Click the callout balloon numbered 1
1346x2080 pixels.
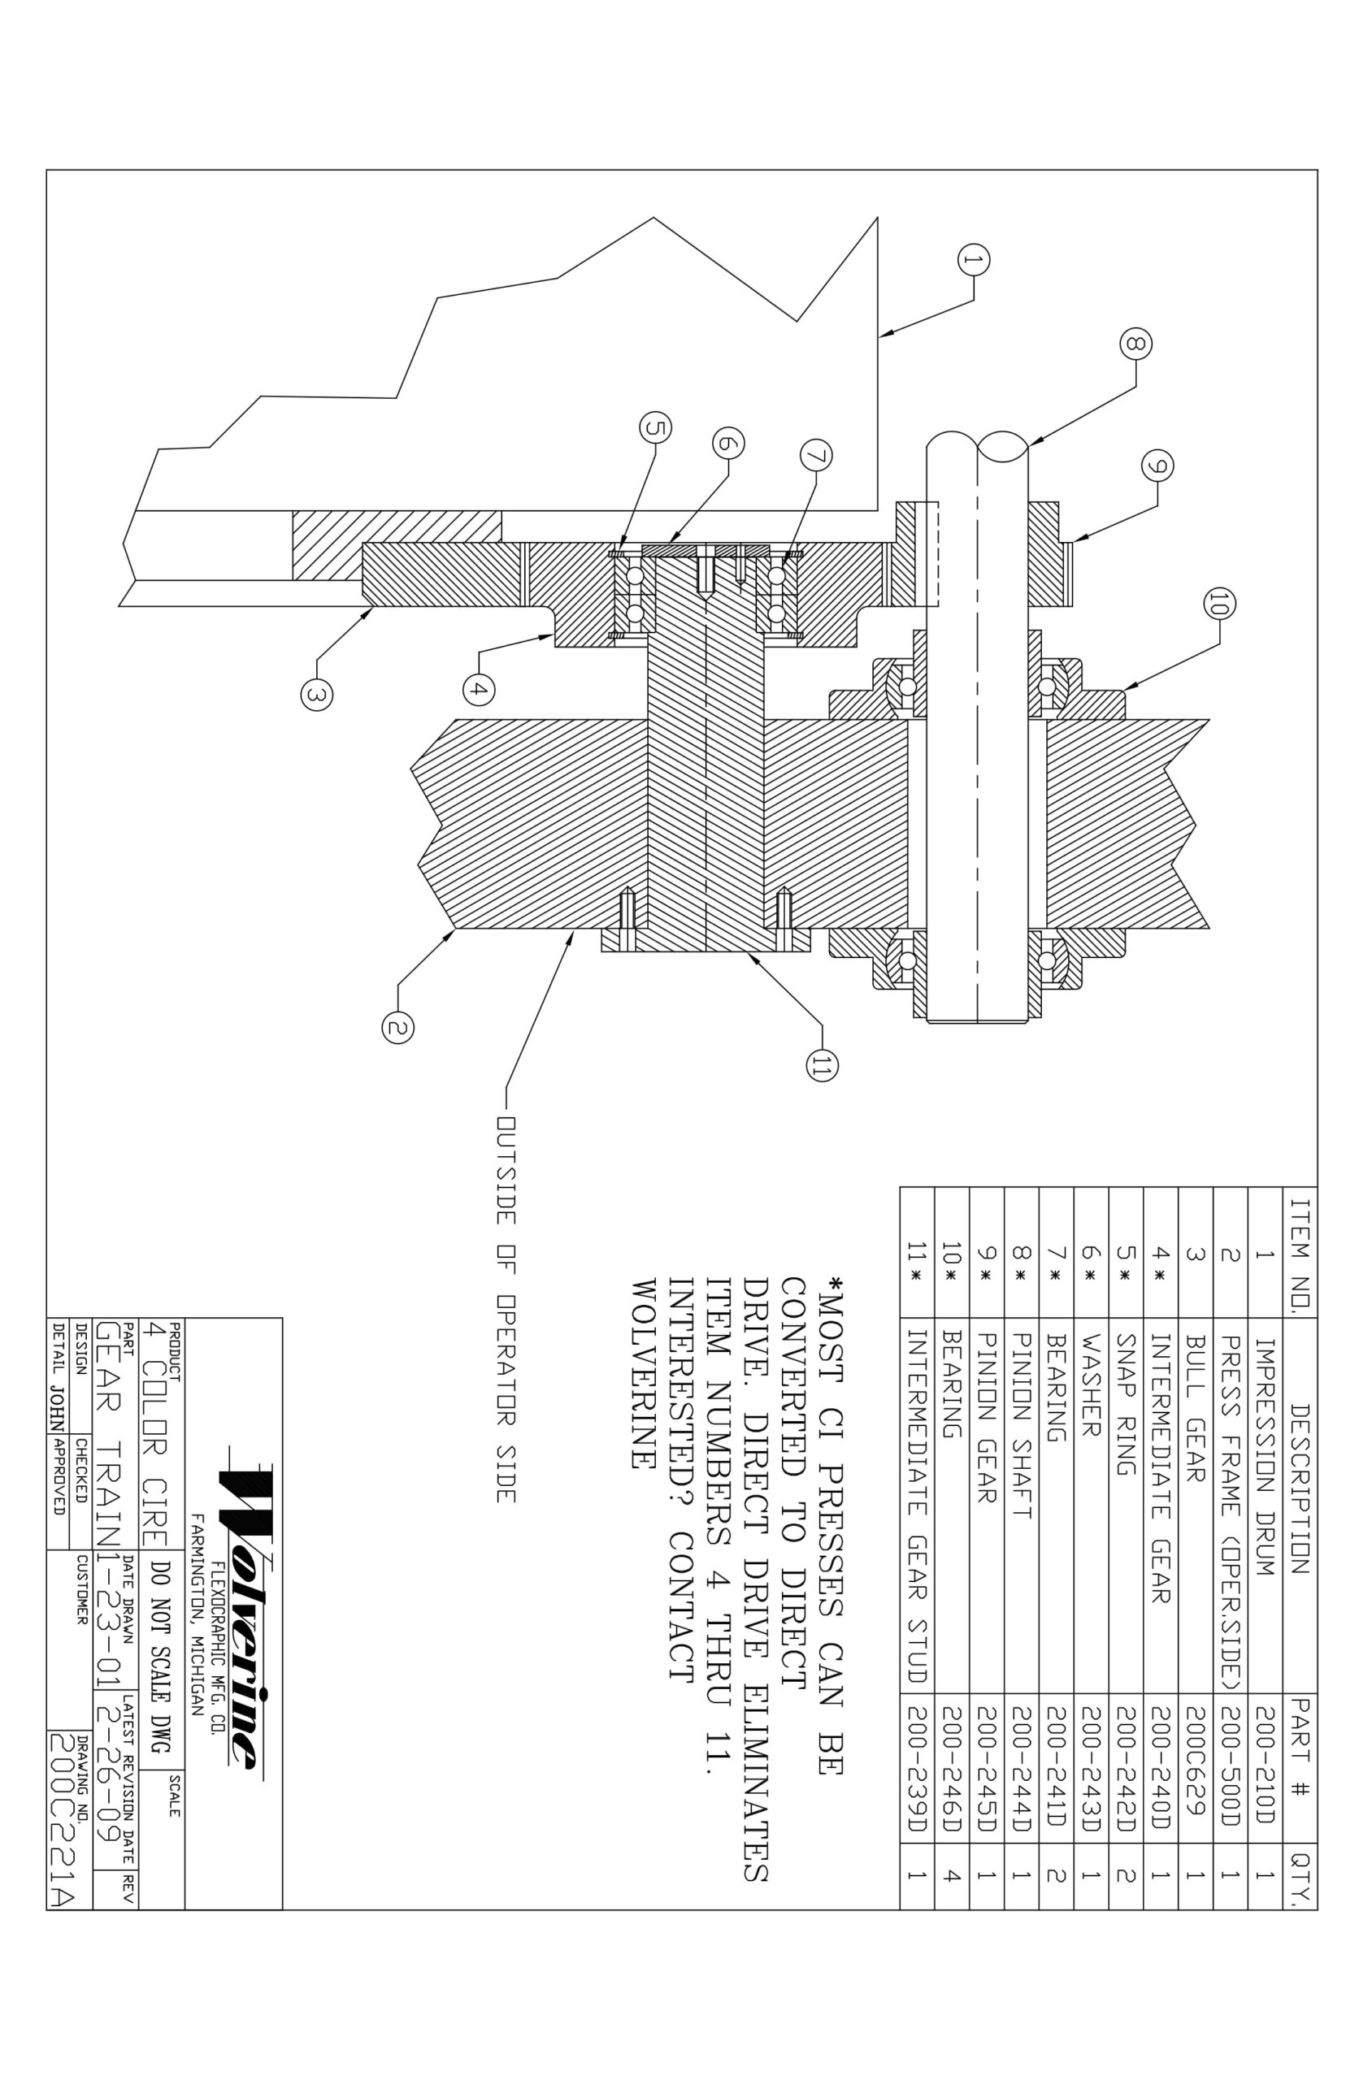point(974,259)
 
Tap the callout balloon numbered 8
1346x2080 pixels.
point(1135,344)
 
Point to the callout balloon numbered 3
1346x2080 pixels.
point(316,695)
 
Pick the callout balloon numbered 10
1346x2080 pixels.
point(1219,603)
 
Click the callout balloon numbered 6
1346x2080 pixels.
point(728,443)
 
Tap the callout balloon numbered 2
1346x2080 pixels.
point(397,1027)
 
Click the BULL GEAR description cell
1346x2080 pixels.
point(1196,1408)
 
